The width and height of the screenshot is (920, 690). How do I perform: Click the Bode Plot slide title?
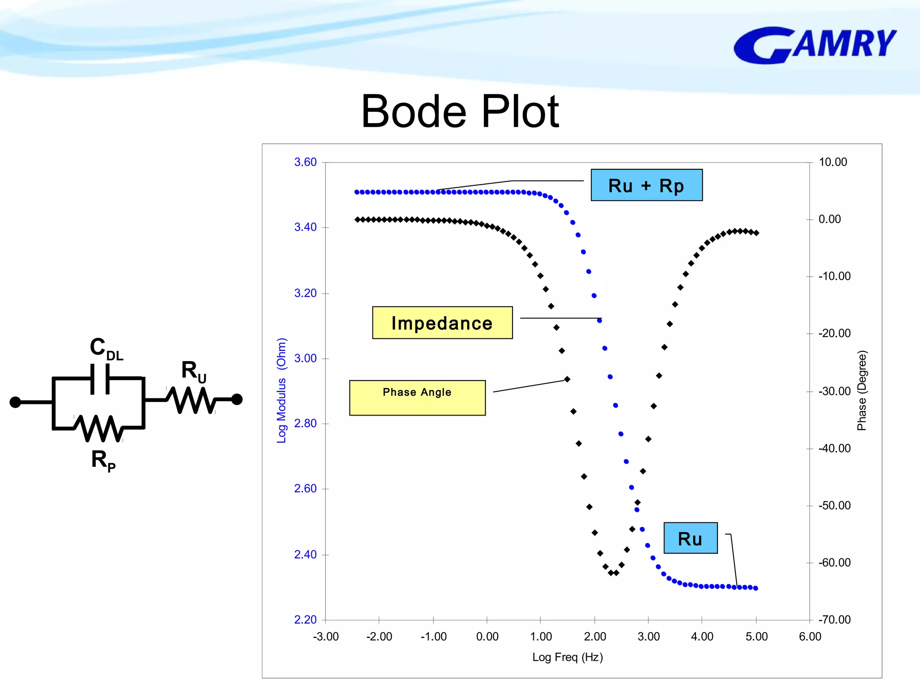click(x=460, y=111)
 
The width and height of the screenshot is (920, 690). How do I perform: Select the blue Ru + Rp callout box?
click(x=646, y=185)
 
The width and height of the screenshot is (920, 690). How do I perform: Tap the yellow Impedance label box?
click(x=442, y=323)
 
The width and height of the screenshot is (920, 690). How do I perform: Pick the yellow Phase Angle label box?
click(x=417, y=398)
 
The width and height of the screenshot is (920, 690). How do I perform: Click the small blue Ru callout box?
click(x=690, y=538)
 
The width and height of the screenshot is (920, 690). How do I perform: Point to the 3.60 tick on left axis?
click(x=305, y=162)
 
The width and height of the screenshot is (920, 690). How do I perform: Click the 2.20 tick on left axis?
click(x=305, y=620)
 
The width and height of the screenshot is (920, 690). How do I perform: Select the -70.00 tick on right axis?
click(x=834, y=620)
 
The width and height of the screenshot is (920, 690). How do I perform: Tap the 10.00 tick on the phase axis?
click(x=832, y=162)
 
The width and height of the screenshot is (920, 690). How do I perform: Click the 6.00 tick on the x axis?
click(x=809, y=637)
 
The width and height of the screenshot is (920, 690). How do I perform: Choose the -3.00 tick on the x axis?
click(x=326, y=637)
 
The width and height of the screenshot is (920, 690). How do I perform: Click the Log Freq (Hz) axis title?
click(x=567, y=657)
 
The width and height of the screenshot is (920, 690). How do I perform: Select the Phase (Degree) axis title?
click(x=861, y=391)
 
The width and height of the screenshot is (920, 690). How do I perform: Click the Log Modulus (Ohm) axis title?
click(x=281, y=391)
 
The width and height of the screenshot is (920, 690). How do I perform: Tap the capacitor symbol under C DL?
click(x=100, y=379)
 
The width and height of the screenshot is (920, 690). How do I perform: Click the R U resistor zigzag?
click(x=191, y=400)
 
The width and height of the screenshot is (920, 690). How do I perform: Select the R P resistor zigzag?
click(x=98, y=428)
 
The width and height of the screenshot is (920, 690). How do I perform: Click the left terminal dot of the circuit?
click(x=15, y=402)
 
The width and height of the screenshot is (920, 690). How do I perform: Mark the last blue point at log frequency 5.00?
click(x=756, y=588)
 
